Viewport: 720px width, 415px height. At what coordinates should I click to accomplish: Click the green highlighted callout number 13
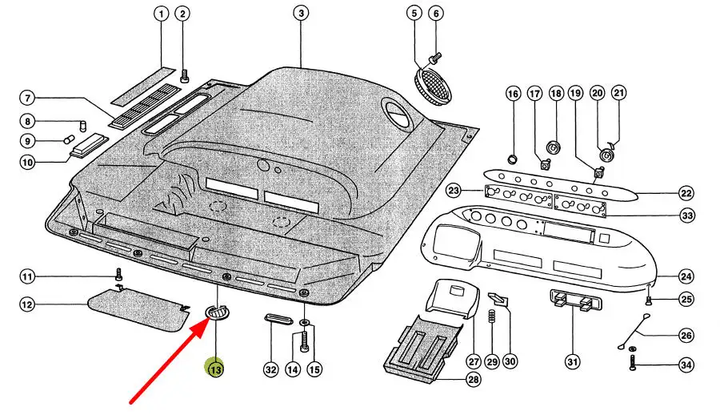(215, 370)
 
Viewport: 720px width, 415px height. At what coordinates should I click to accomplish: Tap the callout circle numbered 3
(300, 14)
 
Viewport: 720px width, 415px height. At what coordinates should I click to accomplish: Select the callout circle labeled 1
(161, 14)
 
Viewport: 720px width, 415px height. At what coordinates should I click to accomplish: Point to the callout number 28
(474, 381)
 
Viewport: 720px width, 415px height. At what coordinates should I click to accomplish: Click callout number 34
(686, 365)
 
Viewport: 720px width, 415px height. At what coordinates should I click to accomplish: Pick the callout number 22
(686, 193)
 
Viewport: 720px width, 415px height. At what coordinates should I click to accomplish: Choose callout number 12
(27, 304)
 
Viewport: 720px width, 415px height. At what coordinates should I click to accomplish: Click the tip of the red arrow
(206, 321)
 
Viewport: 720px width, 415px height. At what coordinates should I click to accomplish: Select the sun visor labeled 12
(134, 309)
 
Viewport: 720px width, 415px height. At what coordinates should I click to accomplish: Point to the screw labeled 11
(118, 275)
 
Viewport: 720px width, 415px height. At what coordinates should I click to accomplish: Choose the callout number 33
(686, 216)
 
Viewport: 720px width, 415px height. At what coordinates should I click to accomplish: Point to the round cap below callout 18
(552, 147)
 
